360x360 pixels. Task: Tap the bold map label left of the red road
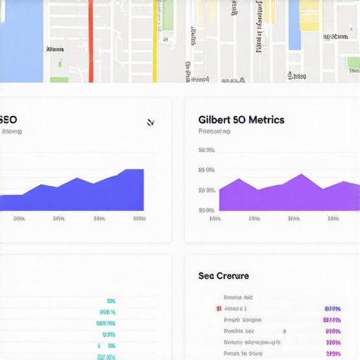point(54,50)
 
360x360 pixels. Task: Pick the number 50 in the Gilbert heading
point(239,120)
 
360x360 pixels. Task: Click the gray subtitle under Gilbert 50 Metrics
point(214,131)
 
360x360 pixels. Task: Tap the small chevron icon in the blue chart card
point(150,123)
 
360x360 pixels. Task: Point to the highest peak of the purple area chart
point(300,175)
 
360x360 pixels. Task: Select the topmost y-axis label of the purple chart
point(206,150)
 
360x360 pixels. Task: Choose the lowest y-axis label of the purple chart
point(206,210)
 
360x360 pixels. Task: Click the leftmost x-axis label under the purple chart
point(215,219)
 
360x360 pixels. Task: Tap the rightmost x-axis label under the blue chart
point(139,219)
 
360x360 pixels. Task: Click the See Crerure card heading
point(223,276)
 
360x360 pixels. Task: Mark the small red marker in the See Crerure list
point(218,309)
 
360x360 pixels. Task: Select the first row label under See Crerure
point(238,297)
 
